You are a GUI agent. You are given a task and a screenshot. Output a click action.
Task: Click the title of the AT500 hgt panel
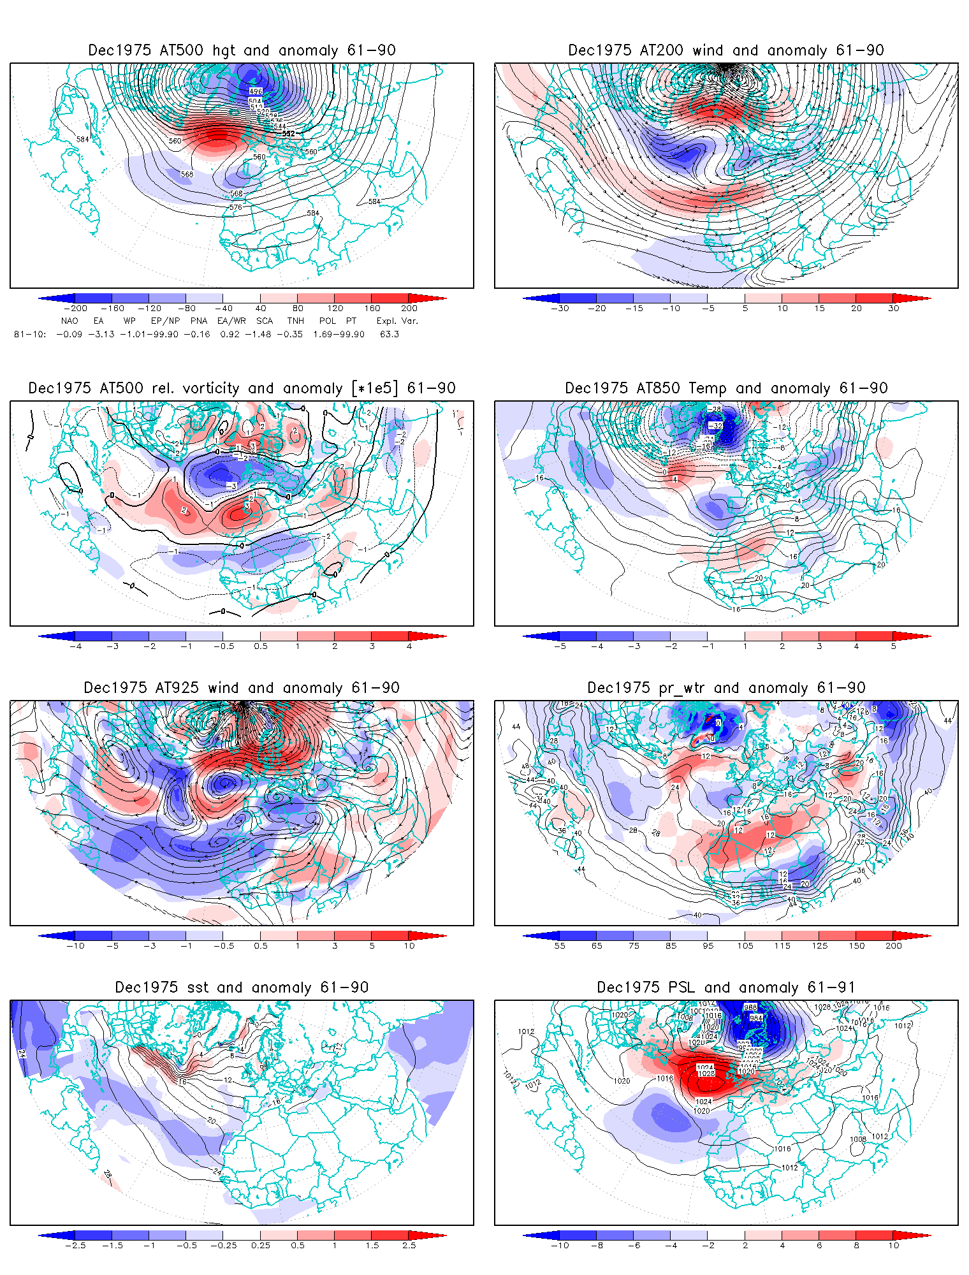[242, 50]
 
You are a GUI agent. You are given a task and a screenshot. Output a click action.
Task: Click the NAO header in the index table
[69, 321]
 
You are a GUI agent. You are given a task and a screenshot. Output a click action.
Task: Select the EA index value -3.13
[101, 334]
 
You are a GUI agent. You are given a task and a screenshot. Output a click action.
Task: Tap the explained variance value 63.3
[389, 334]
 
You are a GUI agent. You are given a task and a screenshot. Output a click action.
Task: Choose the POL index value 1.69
[324, 334]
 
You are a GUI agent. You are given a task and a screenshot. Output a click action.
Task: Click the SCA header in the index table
[264, 321]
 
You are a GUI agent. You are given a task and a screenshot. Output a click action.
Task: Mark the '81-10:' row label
[29, 334]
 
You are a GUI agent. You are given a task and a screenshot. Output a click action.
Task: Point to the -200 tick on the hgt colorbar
[75, 309]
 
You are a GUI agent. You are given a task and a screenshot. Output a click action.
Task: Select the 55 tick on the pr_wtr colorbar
[560, 946]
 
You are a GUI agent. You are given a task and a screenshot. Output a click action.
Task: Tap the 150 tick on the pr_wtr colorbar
[856, 946]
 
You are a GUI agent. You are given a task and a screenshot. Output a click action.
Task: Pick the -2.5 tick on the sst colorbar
[75, 1246]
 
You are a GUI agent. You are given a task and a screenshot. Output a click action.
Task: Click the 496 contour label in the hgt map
[255, 92]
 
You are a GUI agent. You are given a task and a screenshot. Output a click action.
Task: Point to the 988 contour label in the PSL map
[750, 1008]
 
